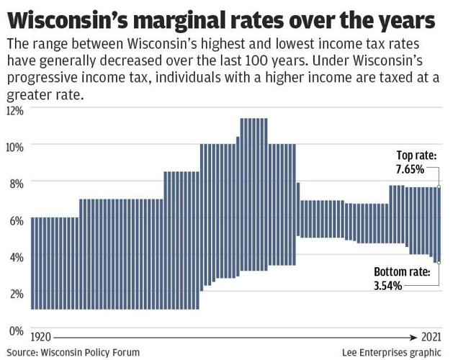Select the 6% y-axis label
point(17,220)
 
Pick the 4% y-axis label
point(17,256)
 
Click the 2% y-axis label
point(17,293)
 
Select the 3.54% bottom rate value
point(390,285)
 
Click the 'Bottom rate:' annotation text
point(401,272)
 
